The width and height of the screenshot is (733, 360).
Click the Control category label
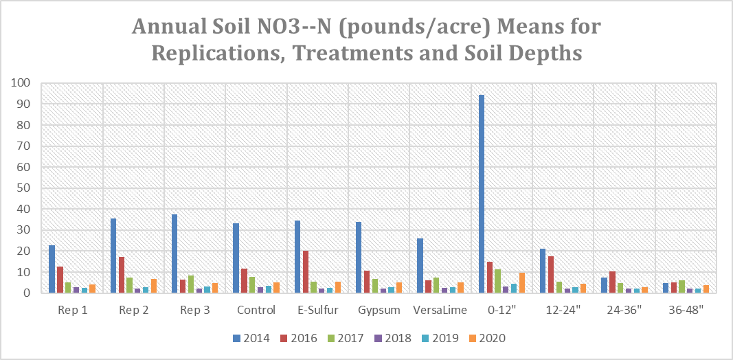(x=256, y=310)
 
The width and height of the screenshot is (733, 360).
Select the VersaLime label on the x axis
(x=440, y=310)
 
